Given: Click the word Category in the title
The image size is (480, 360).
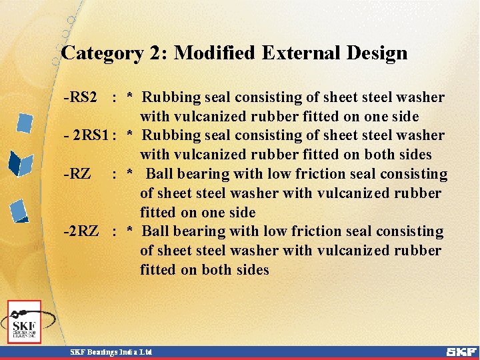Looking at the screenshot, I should [101, 53].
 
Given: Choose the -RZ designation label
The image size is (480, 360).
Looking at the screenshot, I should [77, 174].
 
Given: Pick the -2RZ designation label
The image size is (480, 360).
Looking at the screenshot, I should [81, 231].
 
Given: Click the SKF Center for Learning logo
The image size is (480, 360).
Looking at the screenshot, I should [25, 322].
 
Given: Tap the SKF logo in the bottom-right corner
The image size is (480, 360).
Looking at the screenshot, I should [461, 351].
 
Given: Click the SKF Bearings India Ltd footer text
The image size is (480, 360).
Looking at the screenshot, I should [111, 351].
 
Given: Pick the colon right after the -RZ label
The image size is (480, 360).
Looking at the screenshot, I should [115, 174].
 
